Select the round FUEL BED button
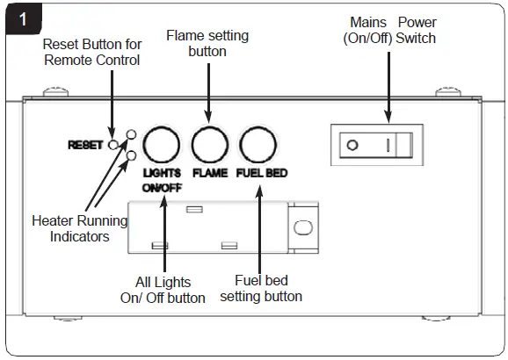[256, 142]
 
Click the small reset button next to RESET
[113, 145]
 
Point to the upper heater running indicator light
[131, 134]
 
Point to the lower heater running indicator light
[131, 155]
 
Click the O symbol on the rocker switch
[352, 144]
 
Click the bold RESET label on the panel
[85, 145]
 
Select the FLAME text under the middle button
[210, 173]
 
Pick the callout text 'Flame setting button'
[207, 43]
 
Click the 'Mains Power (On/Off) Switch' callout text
[390, 30]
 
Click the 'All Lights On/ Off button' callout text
[163, 289]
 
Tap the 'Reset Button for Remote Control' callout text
[91, 52]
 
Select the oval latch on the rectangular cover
[302, 227]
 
